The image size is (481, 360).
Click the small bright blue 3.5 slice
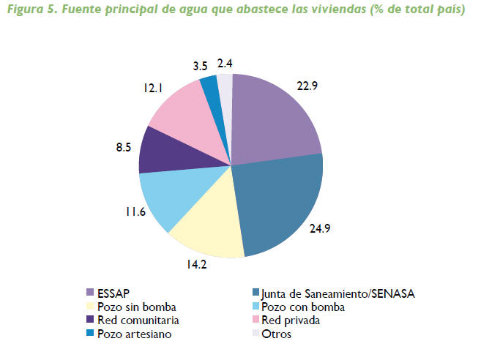coord(210,86)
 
